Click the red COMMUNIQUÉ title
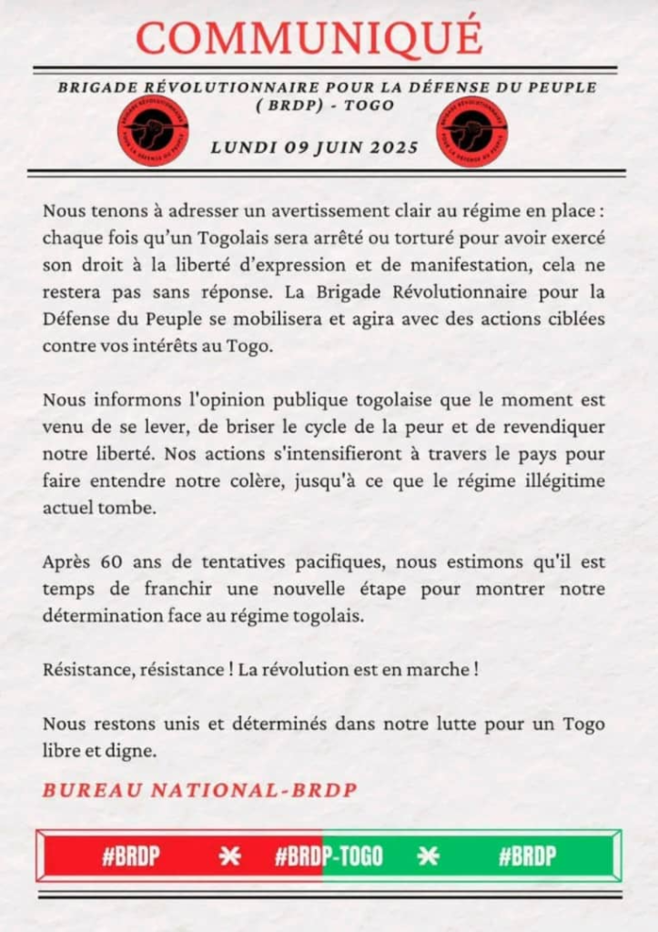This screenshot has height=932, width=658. (309, 37)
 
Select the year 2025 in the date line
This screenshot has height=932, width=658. (392, 147)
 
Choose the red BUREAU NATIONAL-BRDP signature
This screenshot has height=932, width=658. (198, 789)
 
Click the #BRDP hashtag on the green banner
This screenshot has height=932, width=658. (527, 856)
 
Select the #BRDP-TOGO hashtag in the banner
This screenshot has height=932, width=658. (329, 856)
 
